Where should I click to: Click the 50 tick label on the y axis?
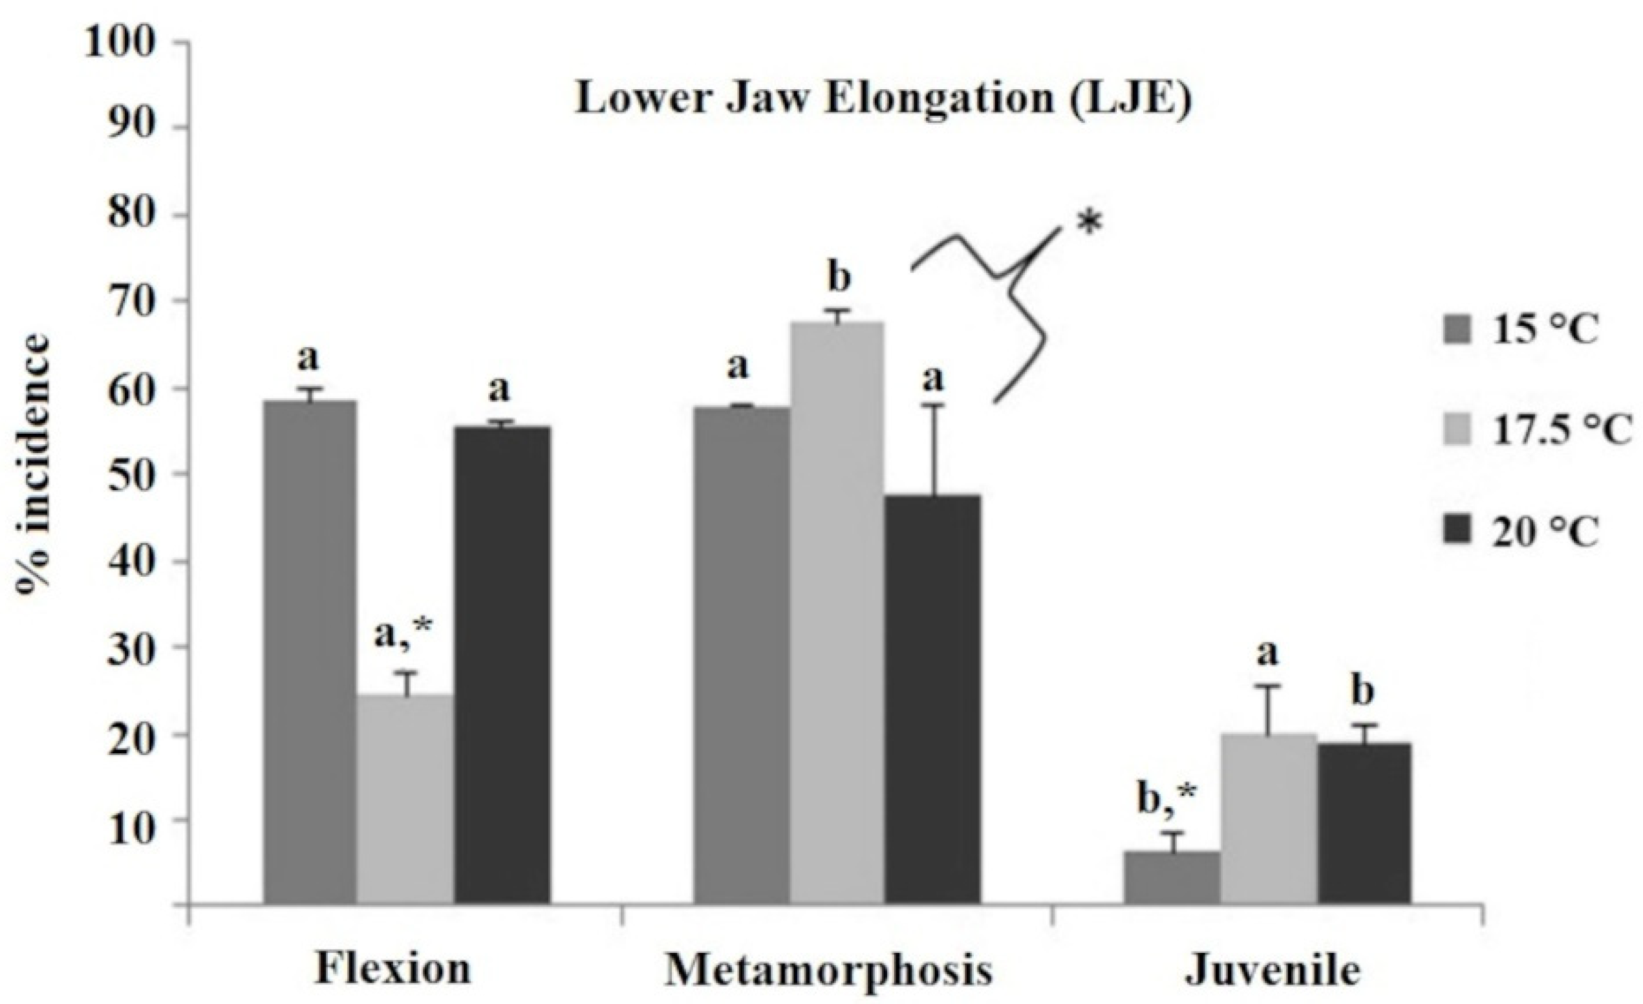[131, 474]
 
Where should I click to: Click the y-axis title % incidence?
[35, 474]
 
